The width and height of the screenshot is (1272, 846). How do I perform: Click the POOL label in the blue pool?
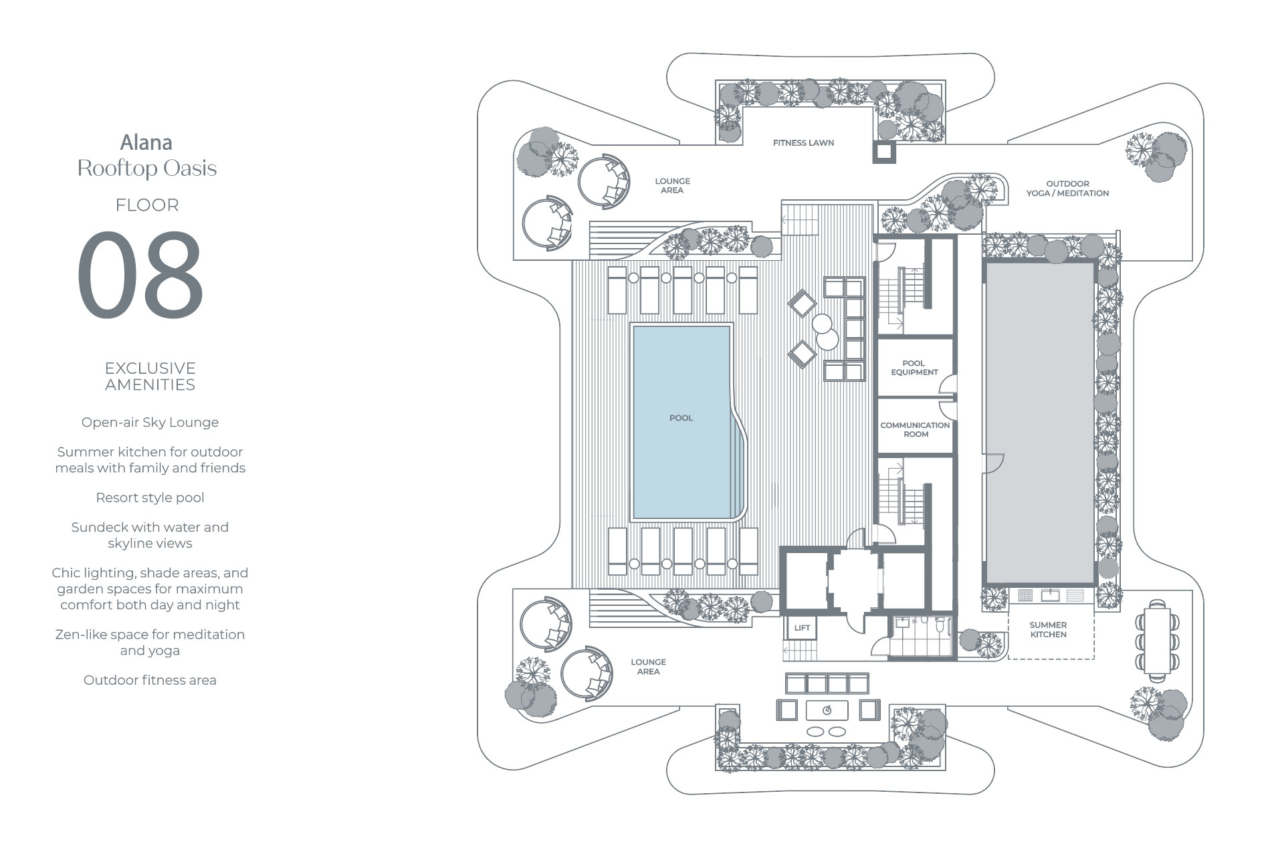pyautogui.click(x=681, y=418)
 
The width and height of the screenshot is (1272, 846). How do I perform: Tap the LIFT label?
pyautogui.click(x=802, y=628)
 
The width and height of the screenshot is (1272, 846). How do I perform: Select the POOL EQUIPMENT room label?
pyautogui.click(x=914, y=368)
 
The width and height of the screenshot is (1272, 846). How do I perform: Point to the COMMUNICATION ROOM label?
pyautogui.click(x=915, y=429)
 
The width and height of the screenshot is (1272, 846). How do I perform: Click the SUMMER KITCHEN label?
pyautogui.click(x=1048, y=630)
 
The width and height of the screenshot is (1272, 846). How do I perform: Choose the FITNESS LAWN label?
pyautogui.click(x=803, y=142)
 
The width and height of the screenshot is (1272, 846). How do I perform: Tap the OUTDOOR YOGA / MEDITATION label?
pyautogui.click(x=1067, y=189)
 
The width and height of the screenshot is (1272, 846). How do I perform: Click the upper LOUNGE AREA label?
pyautogui.click(x=672, y=186)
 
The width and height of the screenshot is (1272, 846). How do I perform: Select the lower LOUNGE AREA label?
pyautogui.click(x=648, y=667)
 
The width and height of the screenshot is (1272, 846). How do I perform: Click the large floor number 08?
pyautogui.click(x=140, y=275)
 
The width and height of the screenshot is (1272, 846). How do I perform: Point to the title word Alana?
pyautogui.click(x=146, y=142)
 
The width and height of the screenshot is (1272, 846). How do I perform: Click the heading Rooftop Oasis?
pyautogui.click(x=147, y=169)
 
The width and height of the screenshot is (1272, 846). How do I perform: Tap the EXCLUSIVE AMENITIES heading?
pyautogui.click(x=150, y=377)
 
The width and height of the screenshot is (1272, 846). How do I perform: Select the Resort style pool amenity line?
pyautogui.click(x=150, y=498)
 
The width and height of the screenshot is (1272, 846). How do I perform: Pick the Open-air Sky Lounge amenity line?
pyautogui.click(x=150, y=423)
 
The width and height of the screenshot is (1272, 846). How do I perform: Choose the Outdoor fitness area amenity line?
pyautogui.click(x=150, y=680)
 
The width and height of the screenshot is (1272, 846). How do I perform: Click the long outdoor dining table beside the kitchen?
pyautogui.click(x=1158, y=640)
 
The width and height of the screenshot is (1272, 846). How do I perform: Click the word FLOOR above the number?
pyautogui.click(x=147, y=205)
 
